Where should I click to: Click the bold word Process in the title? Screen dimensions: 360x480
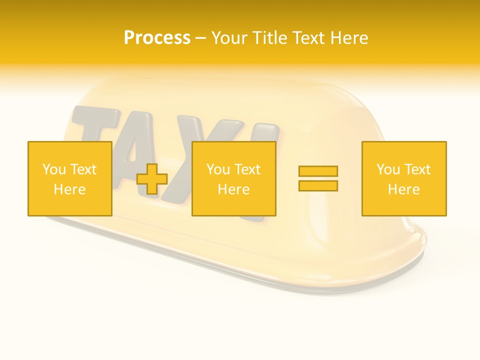tap(157, 38)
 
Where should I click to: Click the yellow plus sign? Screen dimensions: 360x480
tap(152, 179)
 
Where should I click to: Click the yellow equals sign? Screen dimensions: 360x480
tap(318, 178)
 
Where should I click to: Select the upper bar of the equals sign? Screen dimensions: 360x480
tap(318, 171)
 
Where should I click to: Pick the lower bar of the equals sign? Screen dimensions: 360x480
tap(318, 185)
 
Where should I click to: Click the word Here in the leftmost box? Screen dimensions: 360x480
tap(69, 189)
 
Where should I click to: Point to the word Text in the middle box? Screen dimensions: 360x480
tap(247, 169)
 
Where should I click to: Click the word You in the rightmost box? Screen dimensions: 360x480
tap(388, 169)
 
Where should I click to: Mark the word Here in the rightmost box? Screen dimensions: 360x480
tap(404, 189)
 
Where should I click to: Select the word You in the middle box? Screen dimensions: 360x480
tap(218, 169)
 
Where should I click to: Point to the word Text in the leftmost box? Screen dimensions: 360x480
tap(83, 169)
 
